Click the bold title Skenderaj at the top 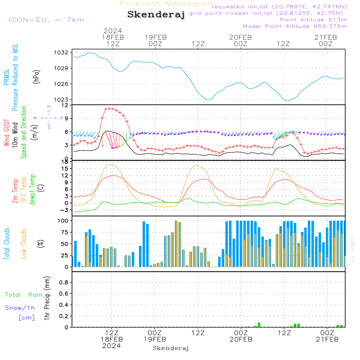pos(156,14)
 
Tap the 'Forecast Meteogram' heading pos(168,4)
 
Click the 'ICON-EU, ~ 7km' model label pos(46,19)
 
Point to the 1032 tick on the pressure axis pos(62,52)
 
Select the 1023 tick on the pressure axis pos(62,100)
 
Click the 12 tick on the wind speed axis pos(65,105)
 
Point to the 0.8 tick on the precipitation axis pos(64,282)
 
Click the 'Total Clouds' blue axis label pos(7,244)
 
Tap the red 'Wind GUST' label pos(7,134)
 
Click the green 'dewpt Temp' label pos(32,190)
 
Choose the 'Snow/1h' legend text pos(20,308)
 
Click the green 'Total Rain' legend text pos(24,294)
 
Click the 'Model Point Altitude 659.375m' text pos(295,26)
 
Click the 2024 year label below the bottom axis pos(112,346)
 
